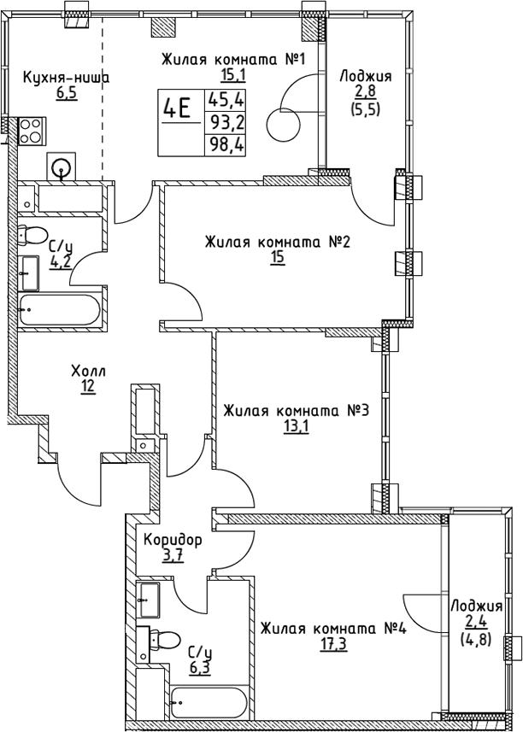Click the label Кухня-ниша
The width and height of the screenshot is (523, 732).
click(x=66, y=78)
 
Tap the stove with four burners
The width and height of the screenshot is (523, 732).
click(x=32, y=132)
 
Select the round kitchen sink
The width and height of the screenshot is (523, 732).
click(x=62, y=168)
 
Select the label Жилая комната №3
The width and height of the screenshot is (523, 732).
click(x=295, y=412)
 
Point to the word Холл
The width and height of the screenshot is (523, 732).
click(x=88, y=371)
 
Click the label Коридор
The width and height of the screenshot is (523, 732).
click(x=173, y=541)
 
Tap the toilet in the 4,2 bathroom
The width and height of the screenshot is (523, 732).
click(x=35, y=235)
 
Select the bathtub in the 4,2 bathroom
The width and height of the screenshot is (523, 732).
click(x=59, y=307)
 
